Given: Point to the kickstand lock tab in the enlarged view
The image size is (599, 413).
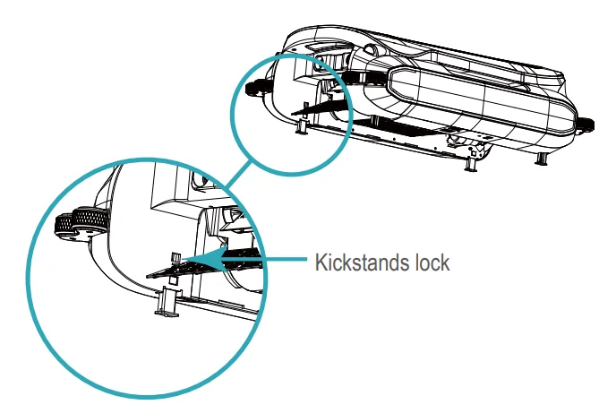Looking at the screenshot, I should click(176, 262).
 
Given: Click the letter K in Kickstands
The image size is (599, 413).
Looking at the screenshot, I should click(319, 263).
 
